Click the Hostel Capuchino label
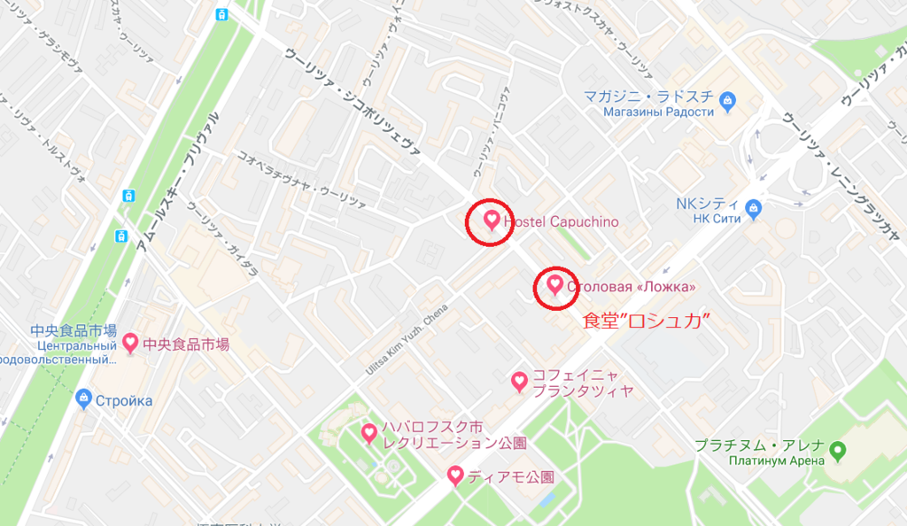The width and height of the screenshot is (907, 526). point(561,221)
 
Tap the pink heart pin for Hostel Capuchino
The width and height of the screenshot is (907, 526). point(492,219)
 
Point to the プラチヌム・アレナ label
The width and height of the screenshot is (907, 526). point(760,445)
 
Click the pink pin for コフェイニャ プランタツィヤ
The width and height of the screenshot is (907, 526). point(520,381)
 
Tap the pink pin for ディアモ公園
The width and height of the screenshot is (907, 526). point(455,476)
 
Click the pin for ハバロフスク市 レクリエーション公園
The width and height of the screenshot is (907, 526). point(369,433)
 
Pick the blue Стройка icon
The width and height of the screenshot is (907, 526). point(84,398)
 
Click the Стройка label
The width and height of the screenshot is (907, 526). point(125,400)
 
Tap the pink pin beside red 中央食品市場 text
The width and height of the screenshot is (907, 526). point(130,342)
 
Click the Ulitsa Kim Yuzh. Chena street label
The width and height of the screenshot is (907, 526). point(407,339)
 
